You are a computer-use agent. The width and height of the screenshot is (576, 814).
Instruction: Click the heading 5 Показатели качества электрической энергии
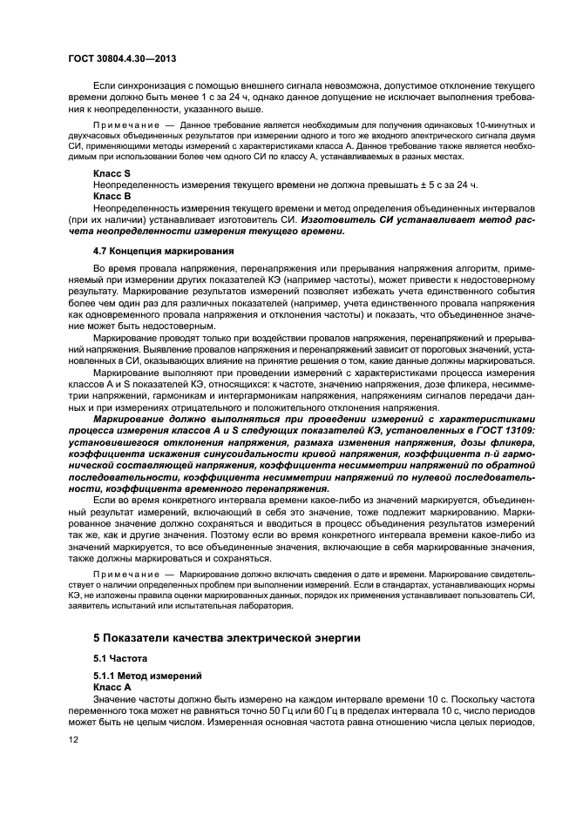tap(227, 637)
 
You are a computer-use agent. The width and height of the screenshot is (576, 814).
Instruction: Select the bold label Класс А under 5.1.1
tap(113, 687)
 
